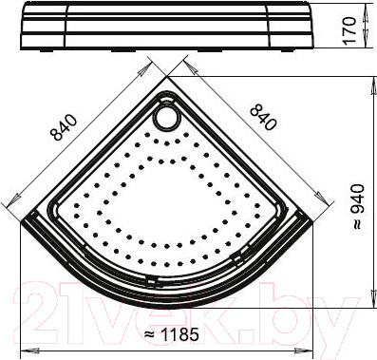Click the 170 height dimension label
coord(349,30)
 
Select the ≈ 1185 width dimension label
coord(171,334)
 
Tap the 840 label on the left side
coord(64,127)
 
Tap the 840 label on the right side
coord(263,118)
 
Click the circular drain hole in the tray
coord(166,118)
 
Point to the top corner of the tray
coord(167,77)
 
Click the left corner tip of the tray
coord(21,222)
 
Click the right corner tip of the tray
coord(313,221)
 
